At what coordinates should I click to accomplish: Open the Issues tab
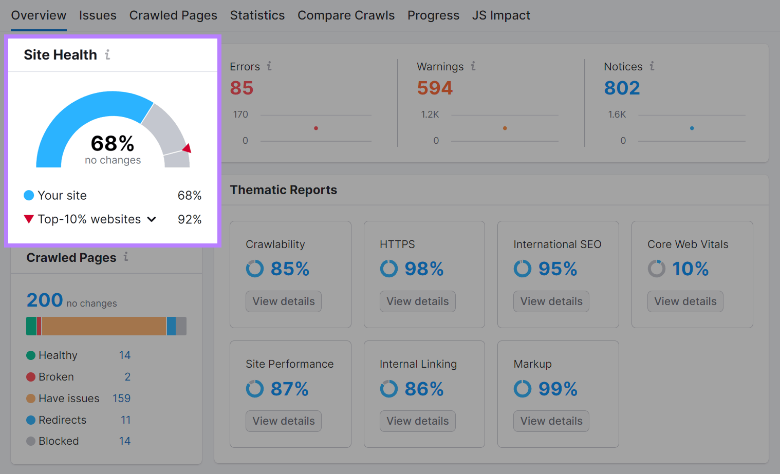[x=98, y=15]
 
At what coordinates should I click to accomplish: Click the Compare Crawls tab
[x=346, y=15]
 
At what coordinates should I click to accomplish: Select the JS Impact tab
[x=501, y=15]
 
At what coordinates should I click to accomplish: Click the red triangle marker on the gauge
[x=187, y=148]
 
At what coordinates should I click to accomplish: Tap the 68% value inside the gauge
[x=113, y=143]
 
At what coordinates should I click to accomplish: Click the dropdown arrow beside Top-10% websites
[x=152, y=219]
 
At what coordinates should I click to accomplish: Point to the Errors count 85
[x=242, y=88]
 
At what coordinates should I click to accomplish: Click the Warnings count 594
[x=435, y=88]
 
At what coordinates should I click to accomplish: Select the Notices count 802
[x=622, y=88]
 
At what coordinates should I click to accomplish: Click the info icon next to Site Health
[x=107, y=54]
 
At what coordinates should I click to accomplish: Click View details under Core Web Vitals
[x=685, y=301]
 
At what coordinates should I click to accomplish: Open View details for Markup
[x=551, y=421]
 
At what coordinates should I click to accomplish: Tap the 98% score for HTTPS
[x=424, y=269]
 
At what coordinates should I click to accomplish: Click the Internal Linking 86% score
[x=424, y=389]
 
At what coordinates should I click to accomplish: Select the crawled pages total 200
[x=45, y=300]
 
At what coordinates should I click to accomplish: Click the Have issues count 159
[x=122, y=399]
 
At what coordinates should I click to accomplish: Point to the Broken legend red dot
[x=31, y=377]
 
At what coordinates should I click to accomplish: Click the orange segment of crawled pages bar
[x=103, y=326]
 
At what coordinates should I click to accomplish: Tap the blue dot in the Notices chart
[x=692, y=128]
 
